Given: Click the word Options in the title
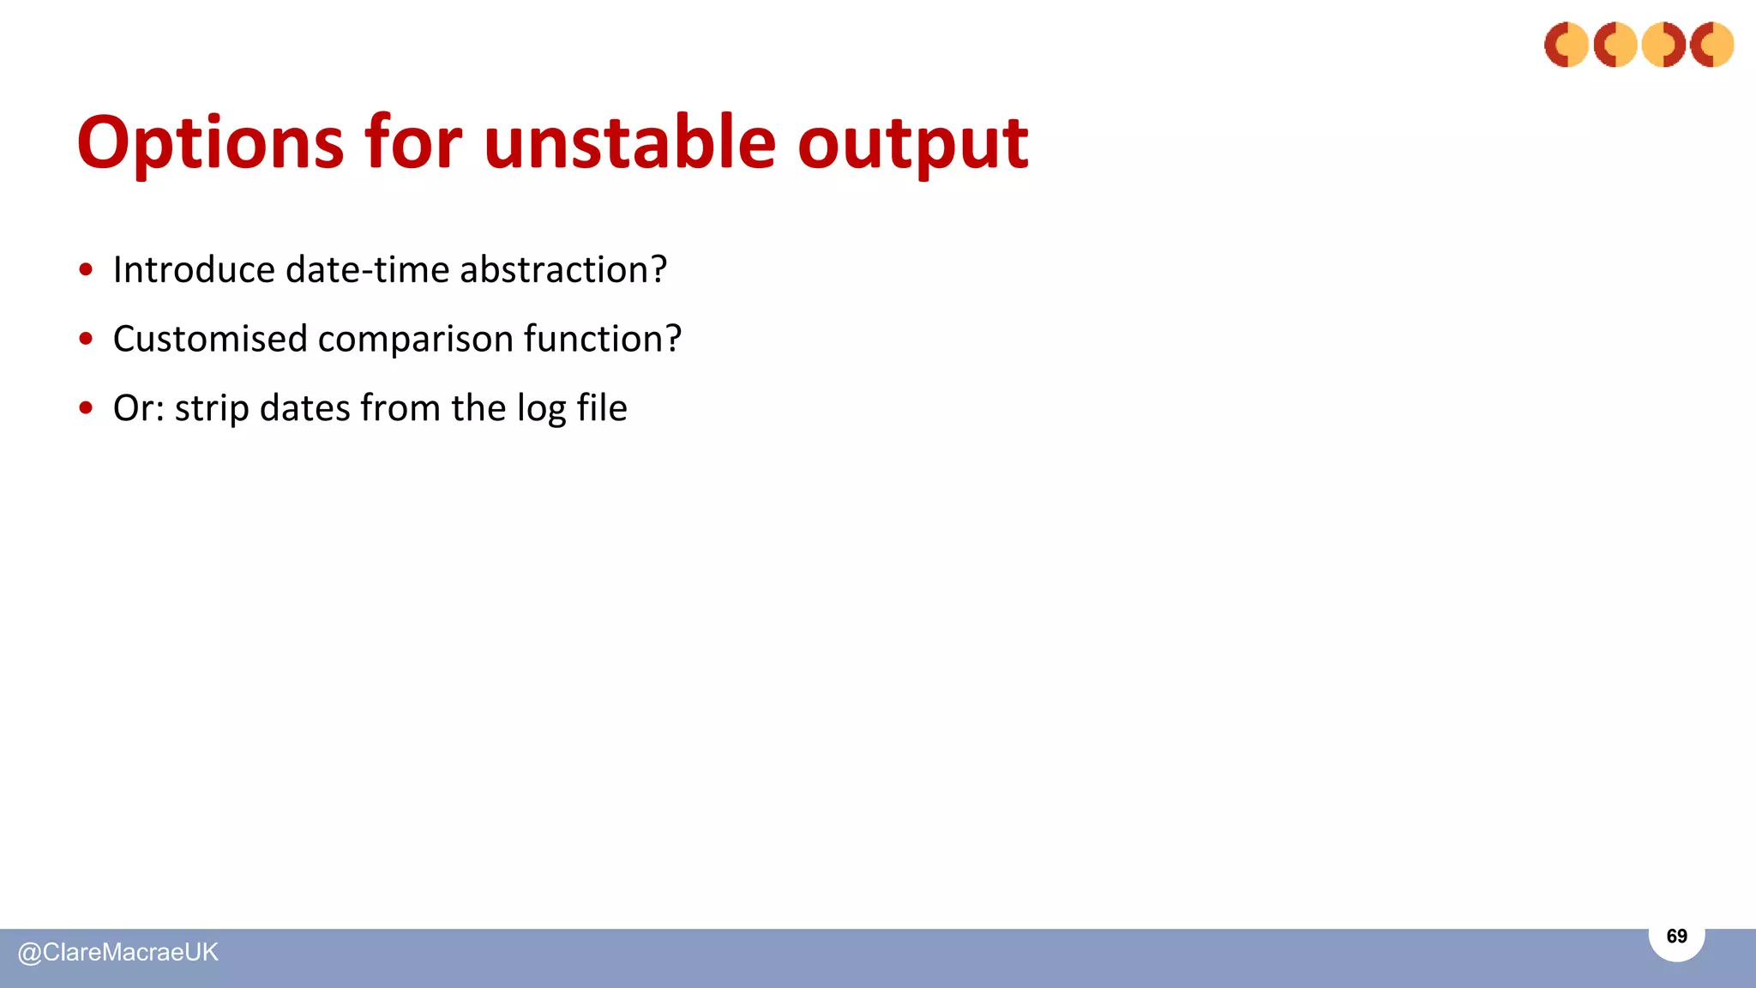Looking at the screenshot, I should point(210,144).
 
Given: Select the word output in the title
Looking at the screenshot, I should point(912,144).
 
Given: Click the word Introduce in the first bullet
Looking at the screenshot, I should point(194,270).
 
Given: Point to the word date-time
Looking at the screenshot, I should point(368,270).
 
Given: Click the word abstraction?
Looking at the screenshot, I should point(563,270).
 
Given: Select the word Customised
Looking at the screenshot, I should point(210,340).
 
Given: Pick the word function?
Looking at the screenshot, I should point(602,340).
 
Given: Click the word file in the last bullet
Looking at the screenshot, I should point(602,408).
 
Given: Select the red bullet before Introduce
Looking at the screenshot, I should point(86,269).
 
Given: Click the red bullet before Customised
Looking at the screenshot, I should point(86,339).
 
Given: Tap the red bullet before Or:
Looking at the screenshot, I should point(86,408).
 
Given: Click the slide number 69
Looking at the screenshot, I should point(1676,936).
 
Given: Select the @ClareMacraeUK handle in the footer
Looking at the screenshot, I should point(118,953).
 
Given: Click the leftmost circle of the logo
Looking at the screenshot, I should point(1566,45).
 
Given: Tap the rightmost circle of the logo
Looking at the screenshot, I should point(1711,45).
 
